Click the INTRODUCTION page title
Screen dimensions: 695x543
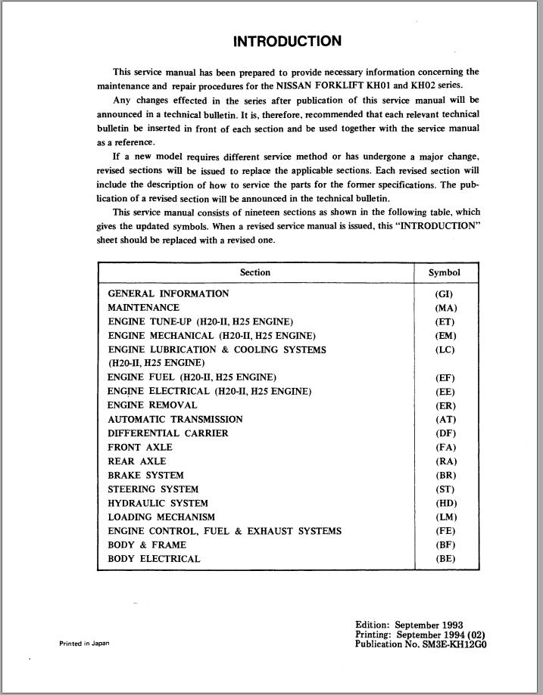click(x=287, y=42)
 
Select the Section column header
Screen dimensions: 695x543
click(x=255, y=272)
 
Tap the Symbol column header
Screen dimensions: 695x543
click(x=445, y=272)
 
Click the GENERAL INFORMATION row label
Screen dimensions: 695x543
click(x=168, y=293)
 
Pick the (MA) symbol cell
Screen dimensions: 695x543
click(x=445, y=308)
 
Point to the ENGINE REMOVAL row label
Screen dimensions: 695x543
click(x=152, y=405)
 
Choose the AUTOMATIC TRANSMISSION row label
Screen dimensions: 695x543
click(x=175, y=419)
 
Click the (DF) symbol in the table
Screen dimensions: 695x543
click(x=445, y=433)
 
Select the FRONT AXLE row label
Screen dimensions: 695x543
click(x=140, y=447)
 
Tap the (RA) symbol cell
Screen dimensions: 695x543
click(x=445, y=461)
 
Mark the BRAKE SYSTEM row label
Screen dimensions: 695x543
click(x=145, y=475)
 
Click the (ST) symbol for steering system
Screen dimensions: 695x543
click(x=445, y=489)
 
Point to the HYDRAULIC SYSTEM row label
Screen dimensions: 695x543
click(x=158, y=503)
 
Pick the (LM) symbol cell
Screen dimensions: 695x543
click(x=445, y=517)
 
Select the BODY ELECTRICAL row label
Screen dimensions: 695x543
click(x=154, y=559)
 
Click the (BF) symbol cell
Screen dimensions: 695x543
click(x=445, y=545)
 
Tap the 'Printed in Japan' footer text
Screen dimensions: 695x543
click(x=84, y=644)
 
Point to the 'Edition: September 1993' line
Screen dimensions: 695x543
click(x=409, y=625)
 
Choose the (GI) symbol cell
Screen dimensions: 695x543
click(x=445, y=293)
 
